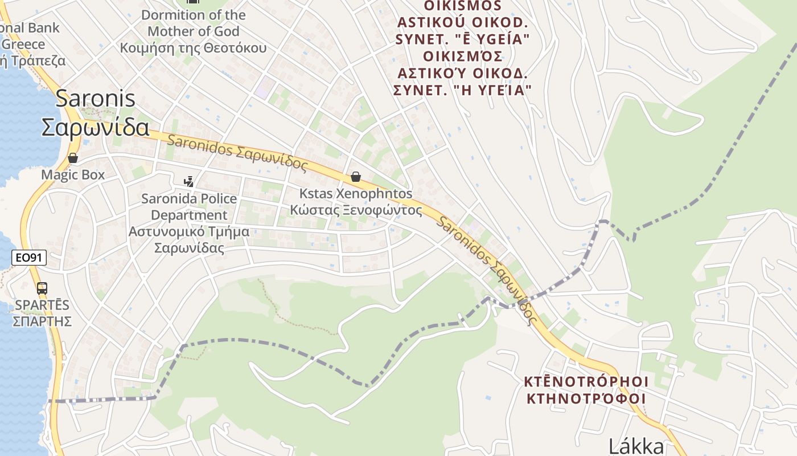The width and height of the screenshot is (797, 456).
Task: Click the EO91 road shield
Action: click(x=29, y=258)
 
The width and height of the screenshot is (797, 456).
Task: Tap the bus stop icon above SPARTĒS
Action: click(x=42, y=288)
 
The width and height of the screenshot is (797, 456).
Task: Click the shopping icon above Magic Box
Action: click(x=73, y=157)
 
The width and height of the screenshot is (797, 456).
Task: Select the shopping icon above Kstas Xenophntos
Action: click(x=356, y=177)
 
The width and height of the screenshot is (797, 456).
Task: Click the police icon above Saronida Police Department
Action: click(x=188, y=182)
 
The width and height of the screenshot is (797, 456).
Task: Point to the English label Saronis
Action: click(x=96, y=99)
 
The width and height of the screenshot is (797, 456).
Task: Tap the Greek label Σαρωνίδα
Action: click(x=96, y=127)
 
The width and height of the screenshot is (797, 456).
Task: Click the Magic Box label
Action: click(x=73, y=174)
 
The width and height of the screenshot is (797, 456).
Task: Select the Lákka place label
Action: click(x=636, y=446)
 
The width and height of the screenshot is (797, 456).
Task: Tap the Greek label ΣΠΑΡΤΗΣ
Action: click(x=42, y=321)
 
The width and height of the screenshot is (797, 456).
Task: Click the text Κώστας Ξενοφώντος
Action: click(x=356, y=210)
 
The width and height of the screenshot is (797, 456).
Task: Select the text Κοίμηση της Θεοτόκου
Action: click(x=193, y=47)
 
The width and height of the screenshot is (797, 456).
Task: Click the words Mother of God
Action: click(x=193, y=31)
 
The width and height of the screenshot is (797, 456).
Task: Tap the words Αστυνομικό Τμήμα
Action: click(x=189, y=232)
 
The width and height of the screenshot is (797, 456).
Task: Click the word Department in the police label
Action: click(x=189, y=215)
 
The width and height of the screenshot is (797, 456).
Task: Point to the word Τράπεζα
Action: click(x=41, y=60)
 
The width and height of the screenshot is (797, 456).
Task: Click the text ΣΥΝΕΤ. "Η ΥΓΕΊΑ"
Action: click(x=462, y=90)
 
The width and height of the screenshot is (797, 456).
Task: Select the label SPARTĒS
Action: click(x=42, y=305)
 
